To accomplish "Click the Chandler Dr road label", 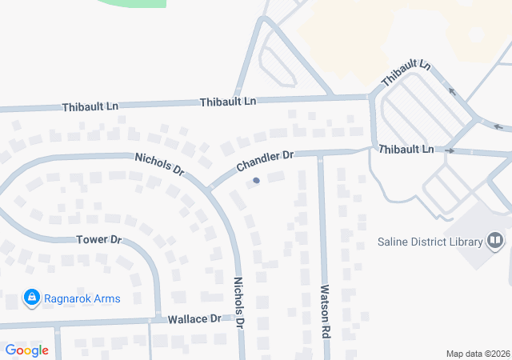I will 266,161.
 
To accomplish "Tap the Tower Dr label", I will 98,239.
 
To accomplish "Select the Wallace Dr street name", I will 194,318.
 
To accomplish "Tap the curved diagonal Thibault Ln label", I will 406,74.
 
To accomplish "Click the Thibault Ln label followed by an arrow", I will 406,150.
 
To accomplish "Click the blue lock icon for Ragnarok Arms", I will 32,298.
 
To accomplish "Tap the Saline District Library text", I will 430,242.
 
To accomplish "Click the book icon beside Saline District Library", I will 496,240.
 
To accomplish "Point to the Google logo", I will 26,350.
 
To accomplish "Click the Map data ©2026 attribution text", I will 477,354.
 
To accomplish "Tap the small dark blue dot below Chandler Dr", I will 256,181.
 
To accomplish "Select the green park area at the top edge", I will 132,3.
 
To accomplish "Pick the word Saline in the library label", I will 393,242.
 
